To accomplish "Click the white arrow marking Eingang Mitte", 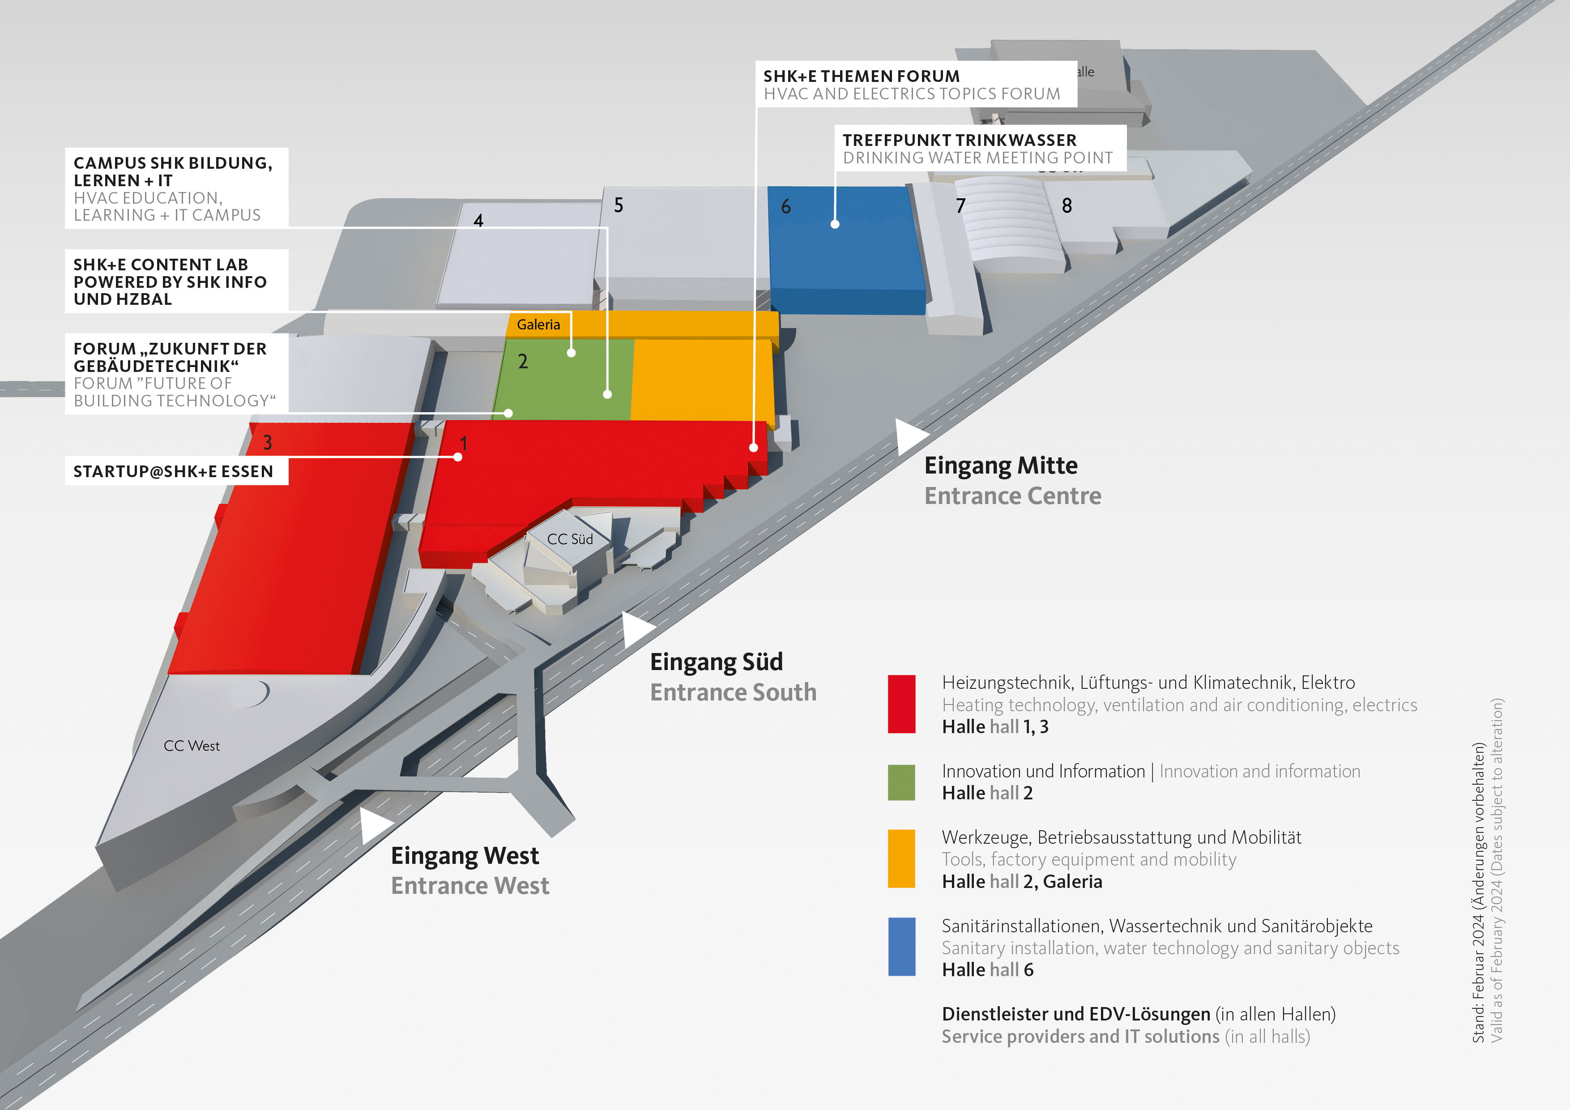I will point(909,436).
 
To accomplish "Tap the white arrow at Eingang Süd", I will point(636,629).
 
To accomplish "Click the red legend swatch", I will point(901,704).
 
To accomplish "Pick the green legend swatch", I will point(901,782).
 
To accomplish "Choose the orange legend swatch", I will point(901,858).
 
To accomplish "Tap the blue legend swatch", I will point(901,947).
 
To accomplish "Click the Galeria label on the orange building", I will point(538,324).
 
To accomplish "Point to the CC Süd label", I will point(570,539).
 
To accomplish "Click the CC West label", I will point(192,746).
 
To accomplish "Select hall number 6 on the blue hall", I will point(786,206).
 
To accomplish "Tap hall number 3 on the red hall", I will point(267,443).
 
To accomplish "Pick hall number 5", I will point(618,205).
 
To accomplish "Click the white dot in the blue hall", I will point(835,224).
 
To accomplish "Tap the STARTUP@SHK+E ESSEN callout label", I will point(173,471).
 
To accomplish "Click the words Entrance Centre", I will point(1013,496).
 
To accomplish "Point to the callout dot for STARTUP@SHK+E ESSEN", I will point(457,457).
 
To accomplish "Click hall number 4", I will point(478,220).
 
